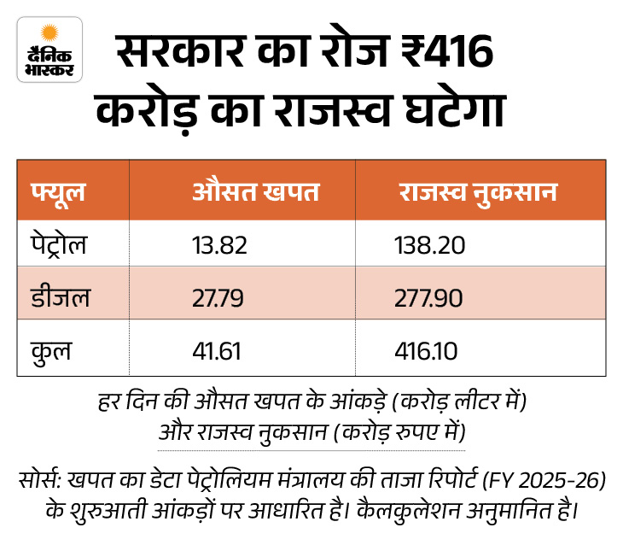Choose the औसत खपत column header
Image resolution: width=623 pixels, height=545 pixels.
point(256,192)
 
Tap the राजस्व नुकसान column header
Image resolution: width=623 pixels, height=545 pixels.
point(477,192)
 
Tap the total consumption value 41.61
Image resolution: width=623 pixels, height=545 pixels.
point(217,350)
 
